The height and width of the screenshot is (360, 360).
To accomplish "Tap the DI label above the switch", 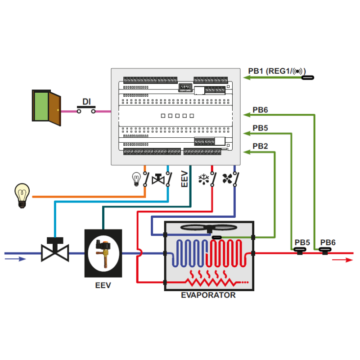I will [x=87, y=102].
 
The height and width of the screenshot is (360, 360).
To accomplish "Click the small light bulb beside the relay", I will [x=136, y=179].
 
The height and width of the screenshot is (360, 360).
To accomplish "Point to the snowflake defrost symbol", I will [x=204, y=179].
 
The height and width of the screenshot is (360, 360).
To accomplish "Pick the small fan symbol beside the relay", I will [x=227, y=179].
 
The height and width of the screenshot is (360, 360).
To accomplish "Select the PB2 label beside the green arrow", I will [x=260, y=146].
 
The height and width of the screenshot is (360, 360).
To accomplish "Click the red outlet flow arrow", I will [x=342, y=260].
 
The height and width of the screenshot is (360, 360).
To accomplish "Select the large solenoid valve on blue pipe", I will [x=54, y=251].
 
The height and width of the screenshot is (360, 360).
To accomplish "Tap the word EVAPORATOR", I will [x=208, y=296].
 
